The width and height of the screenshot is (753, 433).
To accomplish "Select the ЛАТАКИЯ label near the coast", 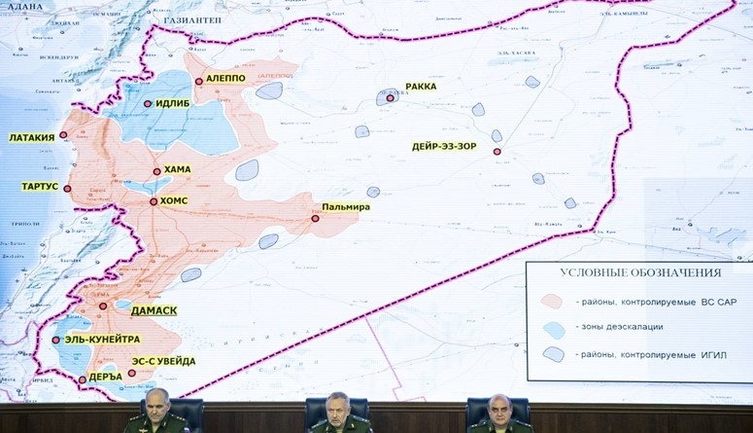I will point(32,137).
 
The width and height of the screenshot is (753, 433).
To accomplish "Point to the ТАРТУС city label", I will point(40,186).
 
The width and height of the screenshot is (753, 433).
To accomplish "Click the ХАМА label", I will point(178,169).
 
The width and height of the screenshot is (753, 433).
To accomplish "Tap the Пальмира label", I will point(347,207).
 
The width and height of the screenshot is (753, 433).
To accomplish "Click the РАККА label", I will point(421,87).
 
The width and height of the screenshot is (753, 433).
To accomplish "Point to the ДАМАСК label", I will point(154,310).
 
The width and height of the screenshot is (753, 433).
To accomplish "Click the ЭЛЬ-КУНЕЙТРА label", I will point(102,340).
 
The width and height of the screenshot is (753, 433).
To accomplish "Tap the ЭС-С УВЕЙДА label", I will point(163,361).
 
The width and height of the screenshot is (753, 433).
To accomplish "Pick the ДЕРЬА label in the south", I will point(105,376).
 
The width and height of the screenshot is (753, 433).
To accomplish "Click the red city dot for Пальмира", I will point(315,219).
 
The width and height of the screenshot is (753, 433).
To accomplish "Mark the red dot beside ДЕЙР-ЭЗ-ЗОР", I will point(496,152).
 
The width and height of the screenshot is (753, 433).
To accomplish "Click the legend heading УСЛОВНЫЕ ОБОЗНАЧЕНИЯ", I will point(639,274).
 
